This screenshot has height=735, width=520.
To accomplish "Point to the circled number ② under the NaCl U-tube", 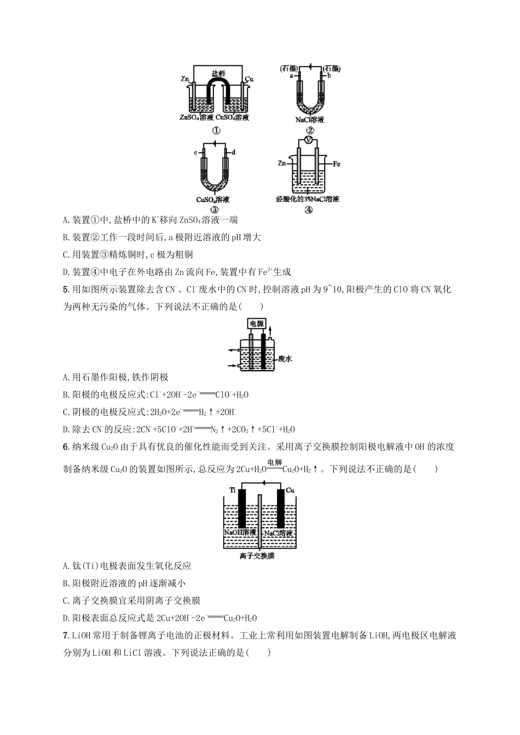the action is tap(310, 130).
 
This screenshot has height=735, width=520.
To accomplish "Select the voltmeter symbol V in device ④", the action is tap(309, 141).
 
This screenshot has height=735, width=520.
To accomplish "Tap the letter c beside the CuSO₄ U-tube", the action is tap(195, 153).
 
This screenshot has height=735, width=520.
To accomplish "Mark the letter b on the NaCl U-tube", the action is tap(330, 76).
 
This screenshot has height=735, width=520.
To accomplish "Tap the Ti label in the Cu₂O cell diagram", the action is tap(232, 491).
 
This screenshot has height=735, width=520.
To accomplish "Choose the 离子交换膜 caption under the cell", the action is tap(257, 556).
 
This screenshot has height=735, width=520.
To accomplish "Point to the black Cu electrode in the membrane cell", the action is tap(280, 509).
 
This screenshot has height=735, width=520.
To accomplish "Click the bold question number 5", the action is tap(66, 290).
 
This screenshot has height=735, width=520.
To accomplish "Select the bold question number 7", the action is tap(66, 635).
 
